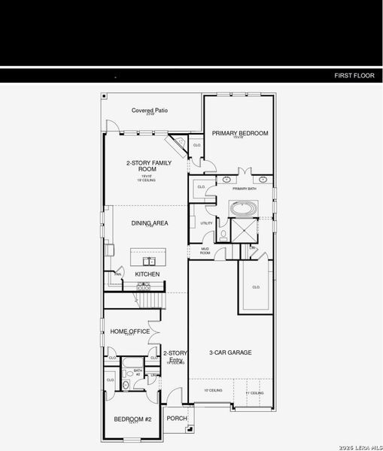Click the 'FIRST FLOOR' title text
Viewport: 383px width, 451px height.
tap(353, 76)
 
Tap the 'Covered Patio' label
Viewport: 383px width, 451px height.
tap(150, 111)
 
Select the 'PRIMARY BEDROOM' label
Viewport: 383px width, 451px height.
tap(239, 134)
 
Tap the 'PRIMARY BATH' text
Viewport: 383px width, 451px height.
tap(245, 189)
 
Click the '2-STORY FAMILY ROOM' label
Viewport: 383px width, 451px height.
tap(149, 166)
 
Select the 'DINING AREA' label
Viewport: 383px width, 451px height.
tap(150, 223)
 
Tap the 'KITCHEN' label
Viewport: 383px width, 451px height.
tap(147, 275)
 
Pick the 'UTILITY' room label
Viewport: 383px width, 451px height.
tap(206, 223)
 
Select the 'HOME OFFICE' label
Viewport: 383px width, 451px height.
tap(130, 331)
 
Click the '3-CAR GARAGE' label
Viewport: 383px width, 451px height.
tap(229, 352)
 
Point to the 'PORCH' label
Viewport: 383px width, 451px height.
tap(177, 419)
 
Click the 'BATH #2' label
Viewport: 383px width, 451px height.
tap(138, 372)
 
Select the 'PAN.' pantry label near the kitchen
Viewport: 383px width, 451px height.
tap(118, 274)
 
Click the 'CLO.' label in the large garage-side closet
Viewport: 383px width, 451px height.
tap(256, 286)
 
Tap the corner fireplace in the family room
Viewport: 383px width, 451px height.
tap(178, 142)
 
